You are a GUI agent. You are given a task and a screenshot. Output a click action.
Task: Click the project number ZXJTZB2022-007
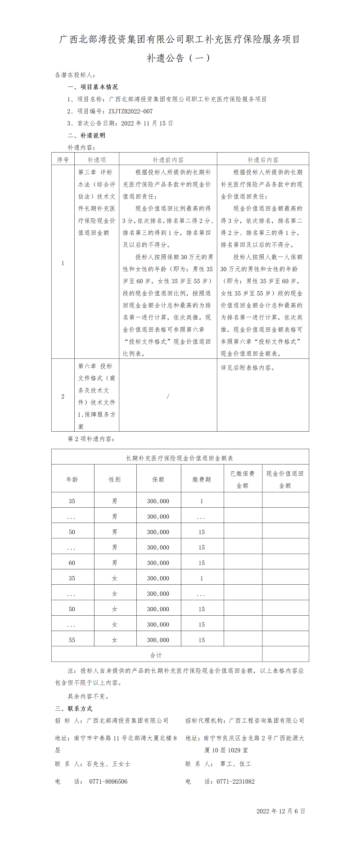click(130, 111)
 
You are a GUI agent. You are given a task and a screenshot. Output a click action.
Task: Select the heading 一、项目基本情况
click(93, 87)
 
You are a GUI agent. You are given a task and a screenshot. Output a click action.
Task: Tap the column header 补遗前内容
click(168, 160)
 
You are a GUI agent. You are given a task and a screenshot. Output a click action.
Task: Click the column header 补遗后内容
click(263, 160)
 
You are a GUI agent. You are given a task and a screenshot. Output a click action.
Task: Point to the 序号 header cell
click(63, 160)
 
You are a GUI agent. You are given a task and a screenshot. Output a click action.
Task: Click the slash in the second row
click(168, 396)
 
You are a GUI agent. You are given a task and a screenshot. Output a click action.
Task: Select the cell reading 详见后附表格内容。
click(247, 368)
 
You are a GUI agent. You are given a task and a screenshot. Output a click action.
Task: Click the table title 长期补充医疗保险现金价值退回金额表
click(180, 458)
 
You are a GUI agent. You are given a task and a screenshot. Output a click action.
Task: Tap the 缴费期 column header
click(202, 479)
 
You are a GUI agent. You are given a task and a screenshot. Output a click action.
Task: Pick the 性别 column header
click(115, 479)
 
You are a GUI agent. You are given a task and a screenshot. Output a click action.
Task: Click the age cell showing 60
click(72, 563)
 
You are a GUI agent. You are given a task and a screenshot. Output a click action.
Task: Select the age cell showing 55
click(72, 640)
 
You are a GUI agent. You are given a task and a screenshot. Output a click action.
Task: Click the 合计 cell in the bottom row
click(156, 655)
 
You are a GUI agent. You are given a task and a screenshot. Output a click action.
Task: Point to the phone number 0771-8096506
click(108, 781)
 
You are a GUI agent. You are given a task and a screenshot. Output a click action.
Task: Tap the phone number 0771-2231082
click(236, 781)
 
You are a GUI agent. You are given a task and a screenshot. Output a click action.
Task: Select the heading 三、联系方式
click(73, 708)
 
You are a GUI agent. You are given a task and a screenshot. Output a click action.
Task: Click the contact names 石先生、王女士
click(108, 764)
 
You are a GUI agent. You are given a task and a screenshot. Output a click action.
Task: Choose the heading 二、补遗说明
click(86, 135)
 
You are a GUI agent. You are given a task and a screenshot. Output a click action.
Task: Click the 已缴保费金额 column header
click(243, 479)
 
